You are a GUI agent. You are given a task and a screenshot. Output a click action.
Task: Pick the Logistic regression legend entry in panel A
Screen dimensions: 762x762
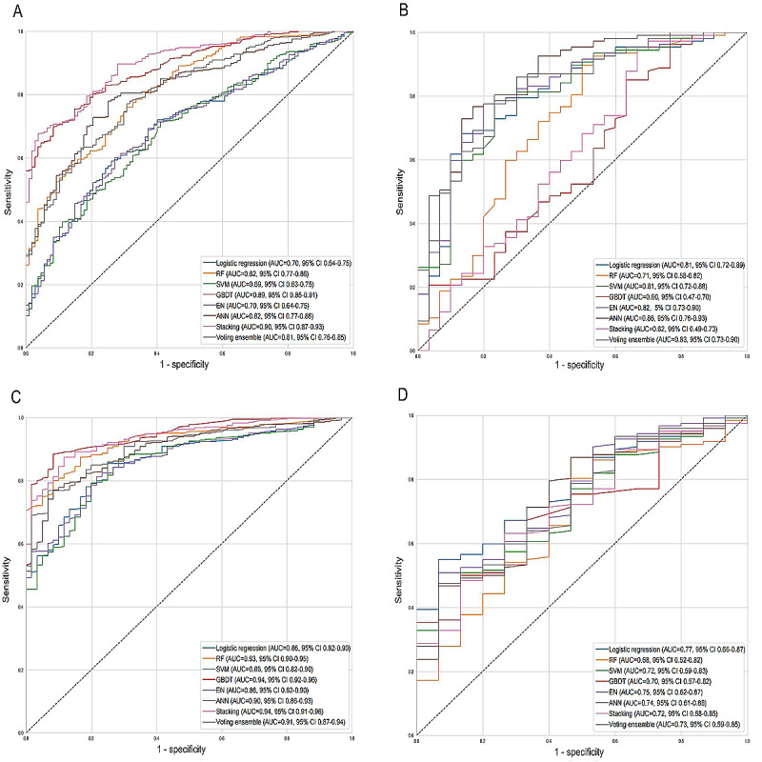pos(276,261)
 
